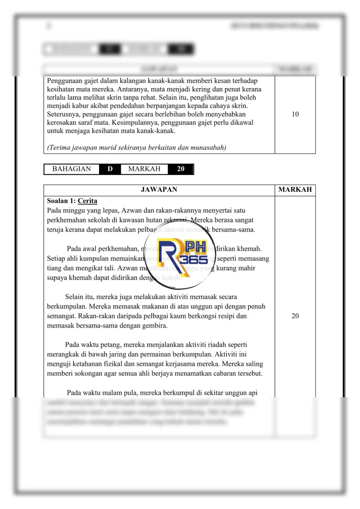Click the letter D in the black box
click(110, 169)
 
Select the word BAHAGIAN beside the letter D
click(72, 169)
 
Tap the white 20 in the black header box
click(180, 169)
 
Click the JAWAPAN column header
click(159, 190)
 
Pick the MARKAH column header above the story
click(295, 190)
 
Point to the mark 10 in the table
click(295, 114)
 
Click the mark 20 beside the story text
click(295, 316)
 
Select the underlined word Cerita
click(87, 201)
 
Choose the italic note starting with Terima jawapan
click(136, 148)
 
